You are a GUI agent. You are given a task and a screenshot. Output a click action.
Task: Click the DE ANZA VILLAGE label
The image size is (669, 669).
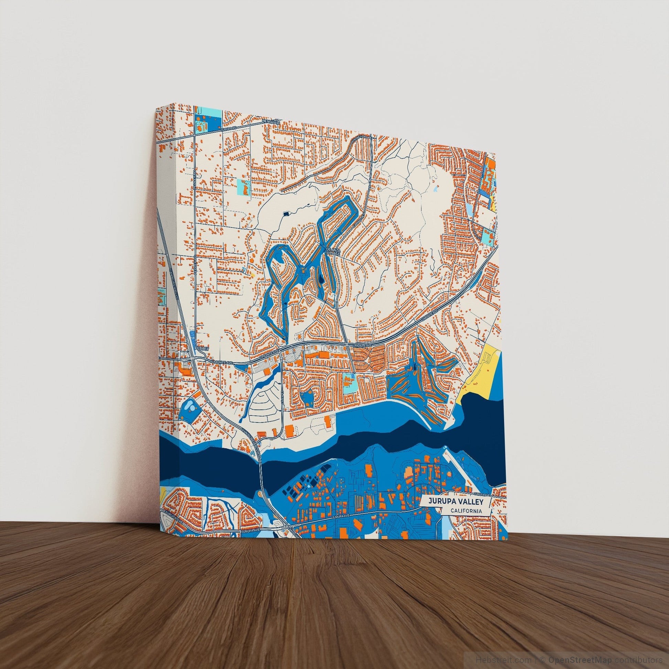333,251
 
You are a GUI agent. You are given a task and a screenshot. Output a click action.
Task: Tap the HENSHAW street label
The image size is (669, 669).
270,123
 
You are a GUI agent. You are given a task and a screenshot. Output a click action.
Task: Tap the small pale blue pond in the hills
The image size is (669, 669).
435,189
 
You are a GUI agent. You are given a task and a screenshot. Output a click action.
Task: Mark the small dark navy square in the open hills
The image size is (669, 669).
286,214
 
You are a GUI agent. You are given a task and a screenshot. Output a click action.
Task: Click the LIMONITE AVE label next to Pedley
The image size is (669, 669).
220,362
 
